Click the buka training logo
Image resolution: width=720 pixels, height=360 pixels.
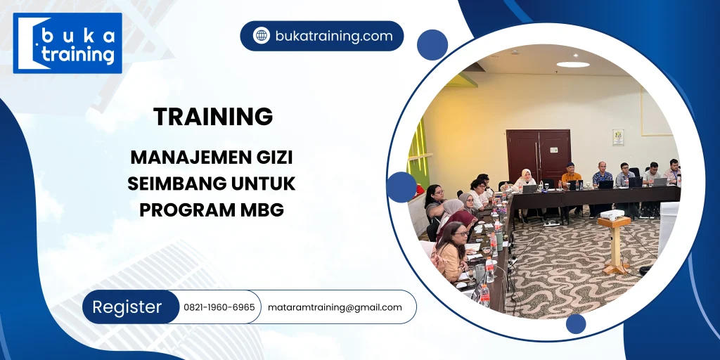click(x=67, y=44)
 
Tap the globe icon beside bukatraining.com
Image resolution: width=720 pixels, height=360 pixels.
click(x=262, y=36)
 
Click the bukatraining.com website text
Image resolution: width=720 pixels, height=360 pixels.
click(x=334, y=36)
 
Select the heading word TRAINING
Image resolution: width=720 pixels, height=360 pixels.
click(x=213, y=117)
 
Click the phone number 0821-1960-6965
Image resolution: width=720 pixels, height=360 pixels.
click(x=219, y=307)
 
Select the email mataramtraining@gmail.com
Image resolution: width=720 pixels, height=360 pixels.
click(x=335, y=307)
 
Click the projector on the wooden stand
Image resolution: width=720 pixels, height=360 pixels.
click(x=611, y=215)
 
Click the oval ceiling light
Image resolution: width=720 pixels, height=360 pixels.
click(x=573, y=65)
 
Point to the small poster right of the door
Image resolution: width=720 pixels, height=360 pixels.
click(x=617, y=136)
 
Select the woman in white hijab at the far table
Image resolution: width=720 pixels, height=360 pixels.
click(x=525, y=180)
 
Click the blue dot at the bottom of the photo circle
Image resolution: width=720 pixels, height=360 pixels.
click(x=576, y=323)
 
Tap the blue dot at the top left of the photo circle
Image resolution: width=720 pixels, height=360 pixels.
click(x=432, y=45)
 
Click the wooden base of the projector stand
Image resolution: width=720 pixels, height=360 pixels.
click(x=615, y=269)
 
